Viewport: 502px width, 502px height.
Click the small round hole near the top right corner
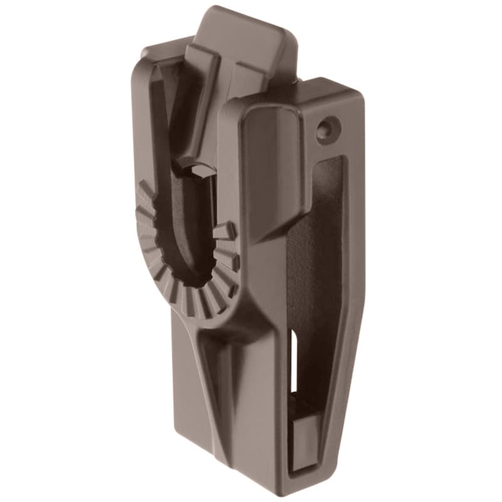325,130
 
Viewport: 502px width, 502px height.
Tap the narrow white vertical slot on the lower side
294,358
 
